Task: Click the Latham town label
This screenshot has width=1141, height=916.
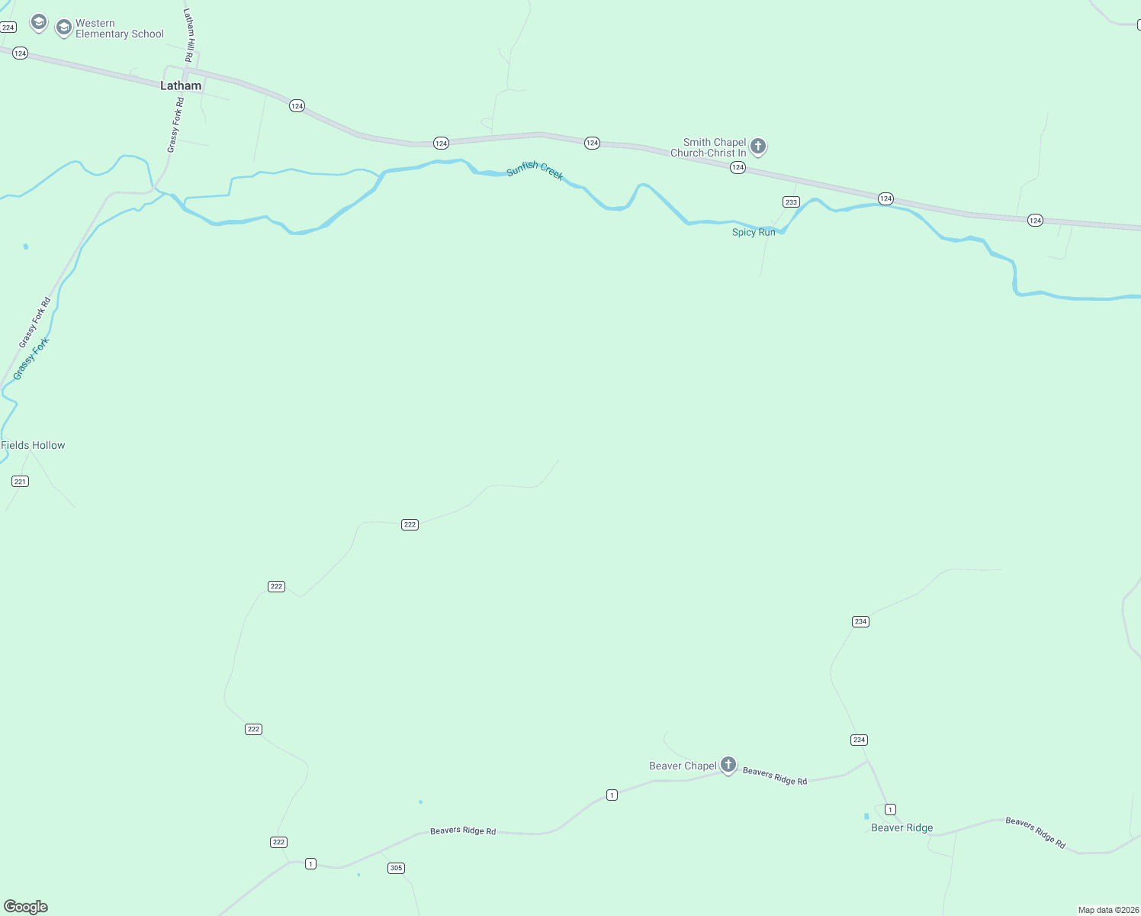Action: point(181,85)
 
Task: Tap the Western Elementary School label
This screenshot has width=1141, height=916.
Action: point(119,29)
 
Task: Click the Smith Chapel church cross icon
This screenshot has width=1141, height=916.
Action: point(757,146)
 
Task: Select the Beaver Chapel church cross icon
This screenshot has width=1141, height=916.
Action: point(728,764)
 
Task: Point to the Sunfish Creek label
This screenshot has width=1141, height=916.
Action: point(535,170)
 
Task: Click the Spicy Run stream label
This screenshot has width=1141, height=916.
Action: point(754,232)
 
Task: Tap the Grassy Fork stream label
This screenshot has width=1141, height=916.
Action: point(31,358)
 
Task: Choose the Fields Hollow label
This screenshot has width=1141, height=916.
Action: point(34,445)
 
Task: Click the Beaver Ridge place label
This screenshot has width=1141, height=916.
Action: point(902,827)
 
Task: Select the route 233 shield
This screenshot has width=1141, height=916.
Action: point(791,202)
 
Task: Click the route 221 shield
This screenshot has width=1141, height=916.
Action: point(20,481)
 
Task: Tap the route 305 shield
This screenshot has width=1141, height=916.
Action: point(396,868)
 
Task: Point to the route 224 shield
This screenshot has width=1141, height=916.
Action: point(8,27)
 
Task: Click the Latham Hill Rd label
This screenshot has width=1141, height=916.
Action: point(188,35)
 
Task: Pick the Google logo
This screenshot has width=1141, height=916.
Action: point(26,907)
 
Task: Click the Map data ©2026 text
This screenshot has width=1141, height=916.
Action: point(1108,910)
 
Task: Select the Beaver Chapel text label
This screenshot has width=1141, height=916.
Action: point(683,766)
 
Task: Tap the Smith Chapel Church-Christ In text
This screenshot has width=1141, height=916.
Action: point(708,147)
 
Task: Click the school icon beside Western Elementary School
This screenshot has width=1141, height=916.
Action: point(64,28)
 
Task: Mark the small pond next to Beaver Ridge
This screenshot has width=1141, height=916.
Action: point(866,816)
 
